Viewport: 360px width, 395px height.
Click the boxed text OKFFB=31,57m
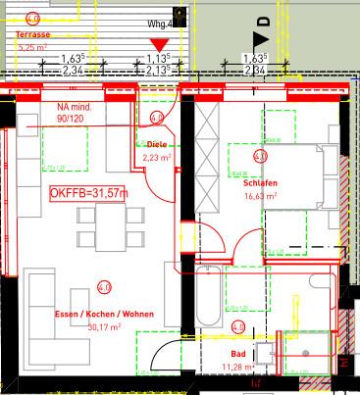click(x=88, y=193)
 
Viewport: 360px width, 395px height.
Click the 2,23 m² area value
click(x=157, y=155)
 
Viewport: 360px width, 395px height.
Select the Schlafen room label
click(x=259, y=184)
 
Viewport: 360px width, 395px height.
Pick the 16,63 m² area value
click(x=260, y=196)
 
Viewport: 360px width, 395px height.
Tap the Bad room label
click(x=237, y=354)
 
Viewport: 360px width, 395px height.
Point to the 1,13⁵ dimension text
click(x=158, y=59)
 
